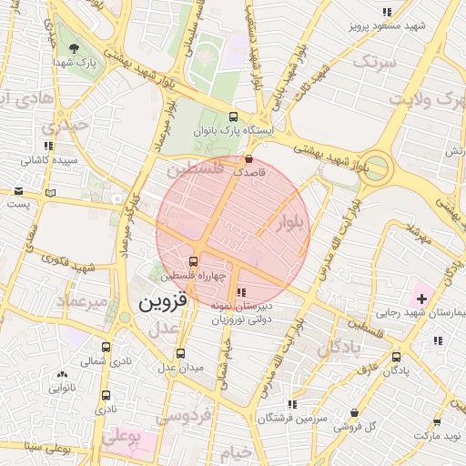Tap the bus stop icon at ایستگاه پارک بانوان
(233, 116)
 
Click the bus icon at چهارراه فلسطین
(205, 261)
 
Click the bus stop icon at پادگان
(395, 357)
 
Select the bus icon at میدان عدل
(180, 353)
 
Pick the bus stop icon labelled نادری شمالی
(106, 347)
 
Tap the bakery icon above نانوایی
(62, 375)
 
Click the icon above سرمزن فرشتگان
(291, 404)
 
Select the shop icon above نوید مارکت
(438, 423)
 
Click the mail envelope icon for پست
(19, 191)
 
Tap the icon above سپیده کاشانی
(47, 146)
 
